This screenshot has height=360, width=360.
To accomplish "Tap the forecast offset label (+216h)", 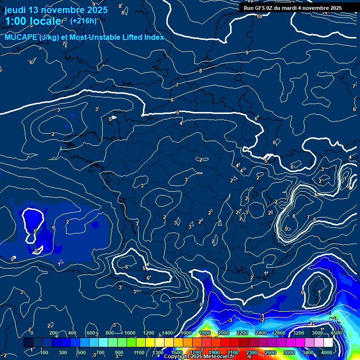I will pos(83,21).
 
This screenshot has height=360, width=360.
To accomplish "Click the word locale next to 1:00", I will pos(45,21).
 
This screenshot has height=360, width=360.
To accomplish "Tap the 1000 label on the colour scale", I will pos(130,333).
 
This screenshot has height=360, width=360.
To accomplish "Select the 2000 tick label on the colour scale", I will pos(224,333).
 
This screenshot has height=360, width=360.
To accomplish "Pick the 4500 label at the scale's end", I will pos(336,333).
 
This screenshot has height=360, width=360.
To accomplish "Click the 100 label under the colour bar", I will pos(45,352).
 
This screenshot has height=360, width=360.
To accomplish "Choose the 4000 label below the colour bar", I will pos(327,352).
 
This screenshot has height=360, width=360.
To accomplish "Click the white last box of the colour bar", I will pos(328,343).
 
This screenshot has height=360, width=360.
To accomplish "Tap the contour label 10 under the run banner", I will pos(259,16).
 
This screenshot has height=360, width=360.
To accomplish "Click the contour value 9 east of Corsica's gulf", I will pos(286,228).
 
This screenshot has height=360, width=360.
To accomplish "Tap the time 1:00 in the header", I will pos(15,21).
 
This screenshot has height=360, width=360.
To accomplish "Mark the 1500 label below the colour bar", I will pos(177,352).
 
